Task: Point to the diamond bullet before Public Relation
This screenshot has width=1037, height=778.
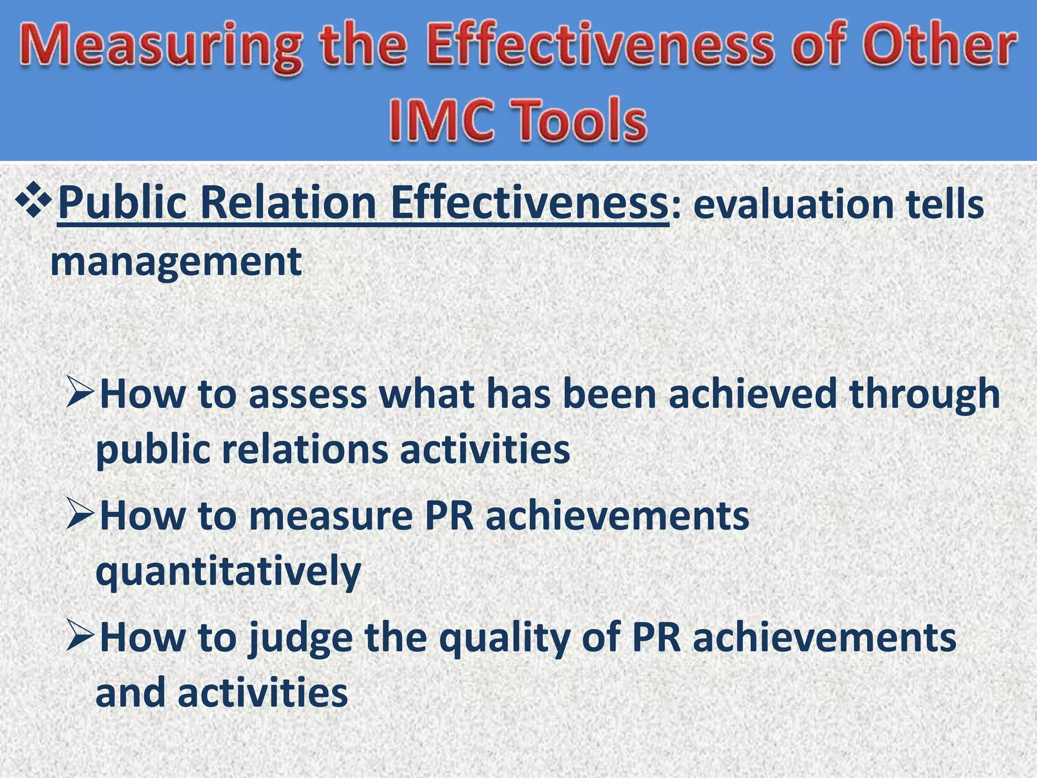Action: click(x=33, y=201)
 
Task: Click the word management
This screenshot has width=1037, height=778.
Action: click(x=176, y=262)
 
